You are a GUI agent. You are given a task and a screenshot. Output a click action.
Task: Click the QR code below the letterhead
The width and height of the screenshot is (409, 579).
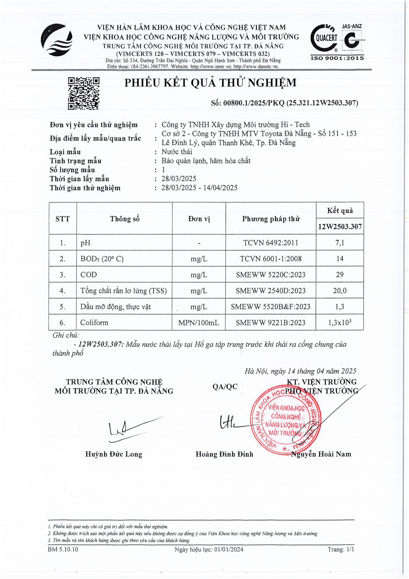click(x=84, y=94)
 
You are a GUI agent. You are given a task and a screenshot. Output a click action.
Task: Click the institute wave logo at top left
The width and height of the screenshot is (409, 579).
click(x=56, y=40)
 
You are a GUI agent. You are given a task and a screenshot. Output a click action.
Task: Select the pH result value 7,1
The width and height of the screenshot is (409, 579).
click(x=340, y=242)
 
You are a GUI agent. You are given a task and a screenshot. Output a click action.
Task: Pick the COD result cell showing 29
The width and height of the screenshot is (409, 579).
click(x=340, y=274)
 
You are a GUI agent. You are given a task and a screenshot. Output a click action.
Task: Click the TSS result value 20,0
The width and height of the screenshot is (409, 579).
click(x=340, y=291)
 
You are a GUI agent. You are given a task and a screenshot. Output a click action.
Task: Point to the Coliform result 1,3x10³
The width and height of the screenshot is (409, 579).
click(x=340, y=322)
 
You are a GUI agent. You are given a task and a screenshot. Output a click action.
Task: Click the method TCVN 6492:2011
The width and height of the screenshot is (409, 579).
click(x=271, y=242)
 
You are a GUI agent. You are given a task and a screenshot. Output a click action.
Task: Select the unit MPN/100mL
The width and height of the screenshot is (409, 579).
click(x=199, y=322)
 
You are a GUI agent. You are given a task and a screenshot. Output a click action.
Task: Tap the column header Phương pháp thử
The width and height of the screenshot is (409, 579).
click(x=271, y=219)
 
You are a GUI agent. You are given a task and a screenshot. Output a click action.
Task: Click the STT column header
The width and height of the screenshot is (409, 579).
click(x=62, y=219)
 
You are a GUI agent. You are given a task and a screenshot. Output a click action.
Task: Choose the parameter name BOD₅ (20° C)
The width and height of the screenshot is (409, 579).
click(x=102, y=259)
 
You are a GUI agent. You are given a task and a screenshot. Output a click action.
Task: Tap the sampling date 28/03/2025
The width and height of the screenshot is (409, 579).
click(x=175, y=179)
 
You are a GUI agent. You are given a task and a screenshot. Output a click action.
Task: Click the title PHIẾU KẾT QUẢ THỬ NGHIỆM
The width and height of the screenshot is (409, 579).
click(x=210, y=83)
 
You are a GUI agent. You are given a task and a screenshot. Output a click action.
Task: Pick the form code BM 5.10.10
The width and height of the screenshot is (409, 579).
click(x=63, y=549)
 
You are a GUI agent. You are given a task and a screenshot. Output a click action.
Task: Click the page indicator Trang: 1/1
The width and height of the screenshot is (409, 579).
click(x=341, y=549)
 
